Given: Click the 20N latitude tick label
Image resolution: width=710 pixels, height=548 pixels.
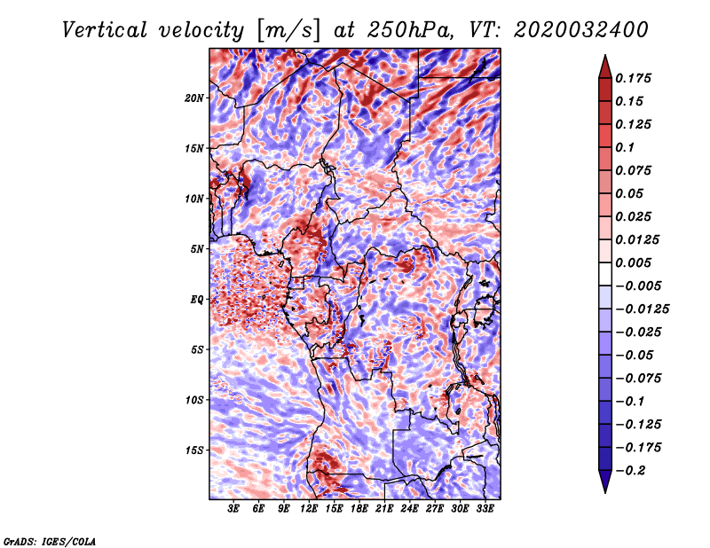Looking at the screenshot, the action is pos(193,98).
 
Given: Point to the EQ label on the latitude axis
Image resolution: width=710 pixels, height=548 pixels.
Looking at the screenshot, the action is pos(196,300).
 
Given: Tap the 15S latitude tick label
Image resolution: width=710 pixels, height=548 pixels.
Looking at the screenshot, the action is pos(194,450).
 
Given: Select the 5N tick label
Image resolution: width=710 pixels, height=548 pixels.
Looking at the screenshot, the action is pos(197,249).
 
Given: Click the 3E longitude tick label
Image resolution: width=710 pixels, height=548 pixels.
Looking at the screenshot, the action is pos(233,509).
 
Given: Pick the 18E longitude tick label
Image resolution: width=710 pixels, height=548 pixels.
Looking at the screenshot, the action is pos(359,509).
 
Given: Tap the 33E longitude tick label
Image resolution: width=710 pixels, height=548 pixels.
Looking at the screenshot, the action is pos(485,509).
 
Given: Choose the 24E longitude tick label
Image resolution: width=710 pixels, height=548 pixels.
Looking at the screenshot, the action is pos(409,509).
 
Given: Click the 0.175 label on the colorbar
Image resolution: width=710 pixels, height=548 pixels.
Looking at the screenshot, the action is pos(633,78).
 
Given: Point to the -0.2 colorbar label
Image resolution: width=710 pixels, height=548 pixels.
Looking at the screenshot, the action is pos(630,471).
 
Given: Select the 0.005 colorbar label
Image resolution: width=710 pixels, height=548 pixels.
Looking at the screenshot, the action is pos(633,262).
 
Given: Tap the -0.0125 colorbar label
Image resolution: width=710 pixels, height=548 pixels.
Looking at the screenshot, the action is pos(642,309).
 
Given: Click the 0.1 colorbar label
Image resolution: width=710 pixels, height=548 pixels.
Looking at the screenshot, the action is pos(625,147).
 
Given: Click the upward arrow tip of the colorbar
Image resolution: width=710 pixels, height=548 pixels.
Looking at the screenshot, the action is pos(605,55).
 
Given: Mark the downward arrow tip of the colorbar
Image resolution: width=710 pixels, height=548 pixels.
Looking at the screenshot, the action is pos(605,492).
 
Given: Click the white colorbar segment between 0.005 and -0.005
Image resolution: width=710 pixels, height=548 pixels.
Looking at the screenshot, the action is pos(605,274).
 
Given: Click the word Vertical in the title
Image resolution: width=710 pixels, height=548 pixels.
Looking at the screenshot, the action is pos(105,30).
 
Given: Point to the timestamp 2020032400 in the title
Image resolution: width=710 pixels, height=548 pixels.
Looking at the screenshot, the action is pos(581,30).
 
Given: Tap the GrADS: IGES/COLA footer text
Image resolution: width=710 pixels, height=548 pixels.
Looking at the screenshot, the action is pos(50,541).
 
